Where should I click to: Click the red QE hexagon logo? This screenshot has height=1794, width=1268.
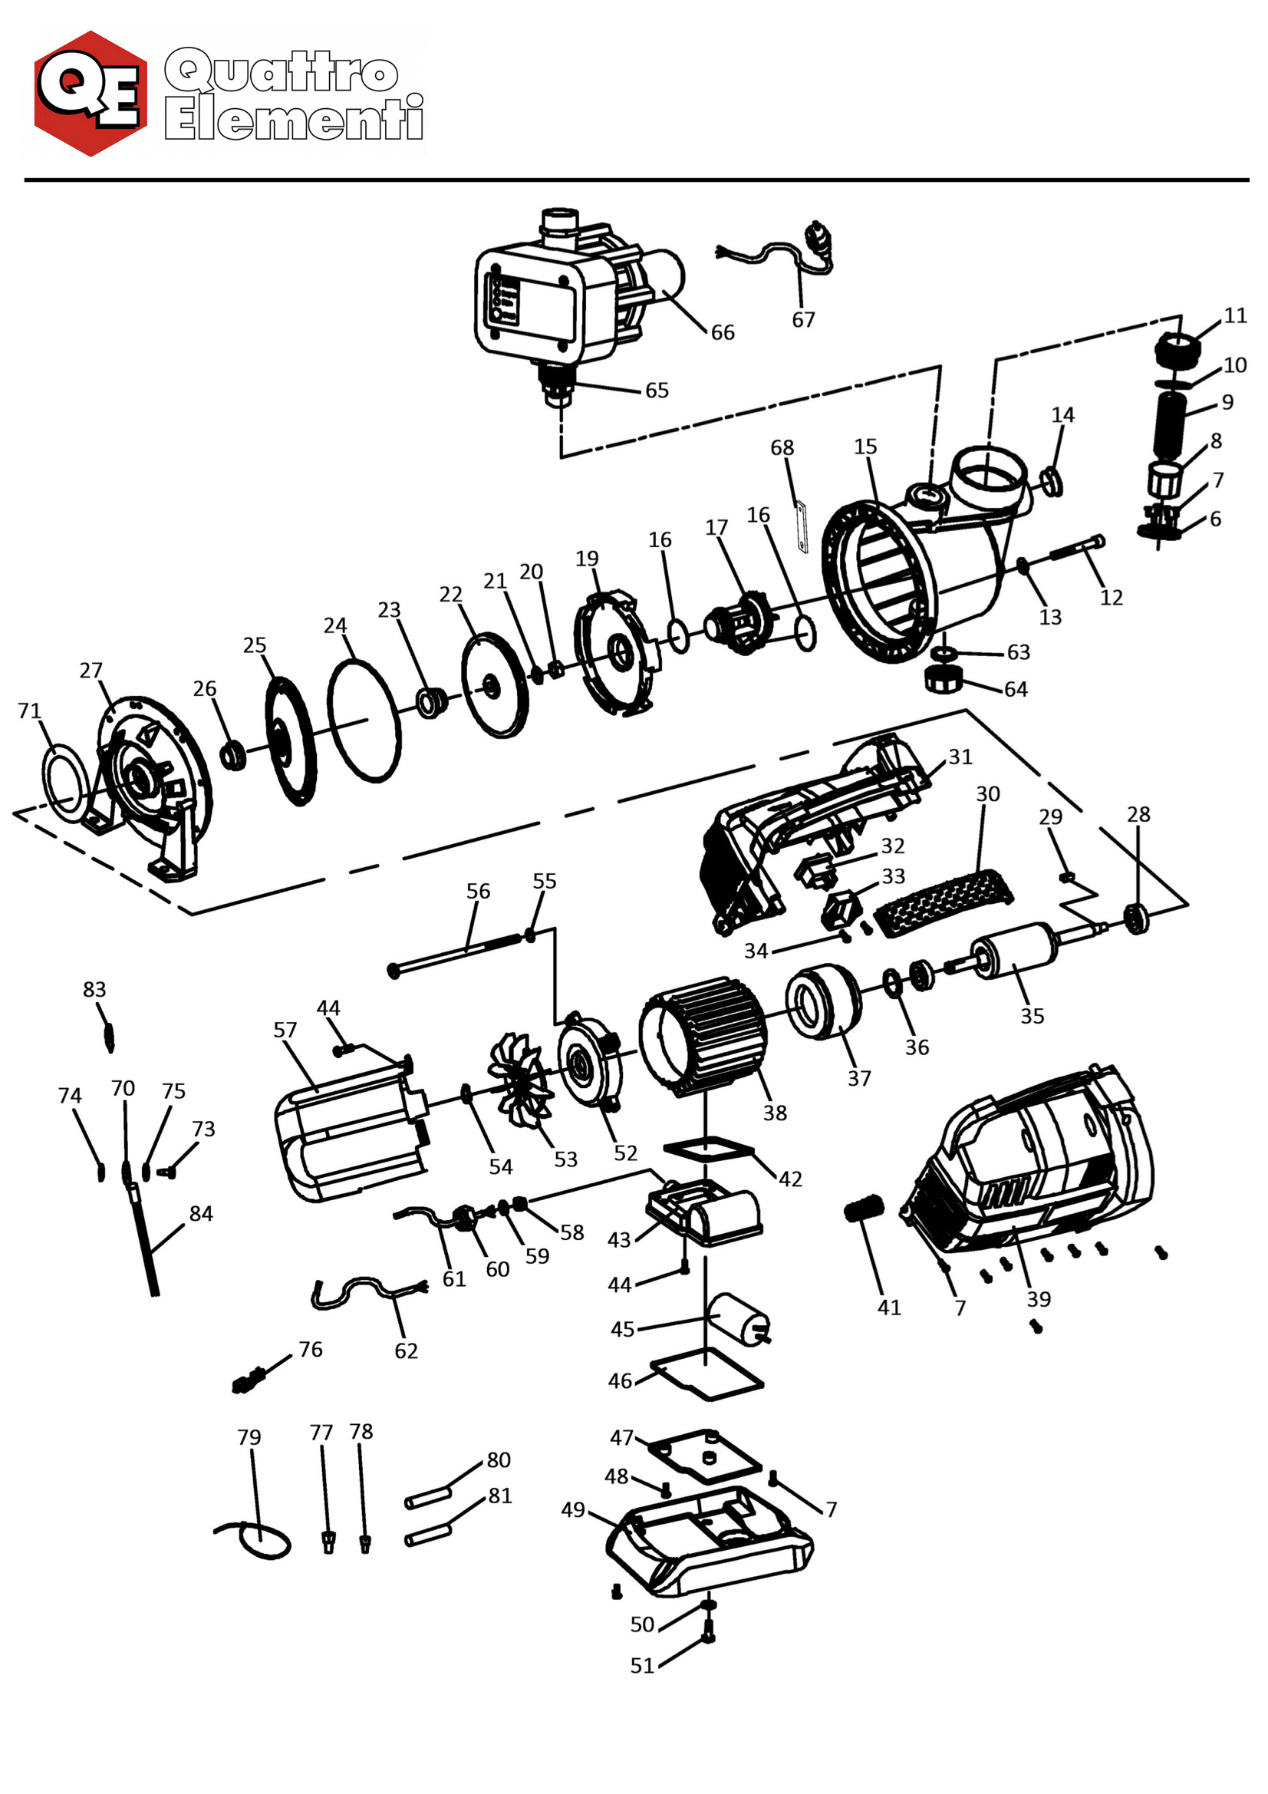[x=91, y=94]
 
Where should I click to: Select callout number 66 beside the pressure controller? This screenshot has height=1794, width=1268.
[x=722, y=333]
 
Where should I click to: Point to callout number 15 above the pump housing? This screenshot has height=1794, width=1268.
[x=865, y=447]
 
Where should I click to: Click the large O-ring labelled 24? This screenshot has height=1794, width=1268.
[x=364, y=721]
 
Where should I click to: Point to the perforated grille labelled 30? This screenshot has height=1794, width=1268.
[x=942, y=903]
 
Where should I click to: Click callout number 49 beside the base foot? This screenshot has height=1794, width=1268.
[x=573, y=1509]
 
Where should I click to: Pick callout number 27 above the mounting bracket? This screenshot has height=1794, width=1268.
[x=91, y=671]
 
